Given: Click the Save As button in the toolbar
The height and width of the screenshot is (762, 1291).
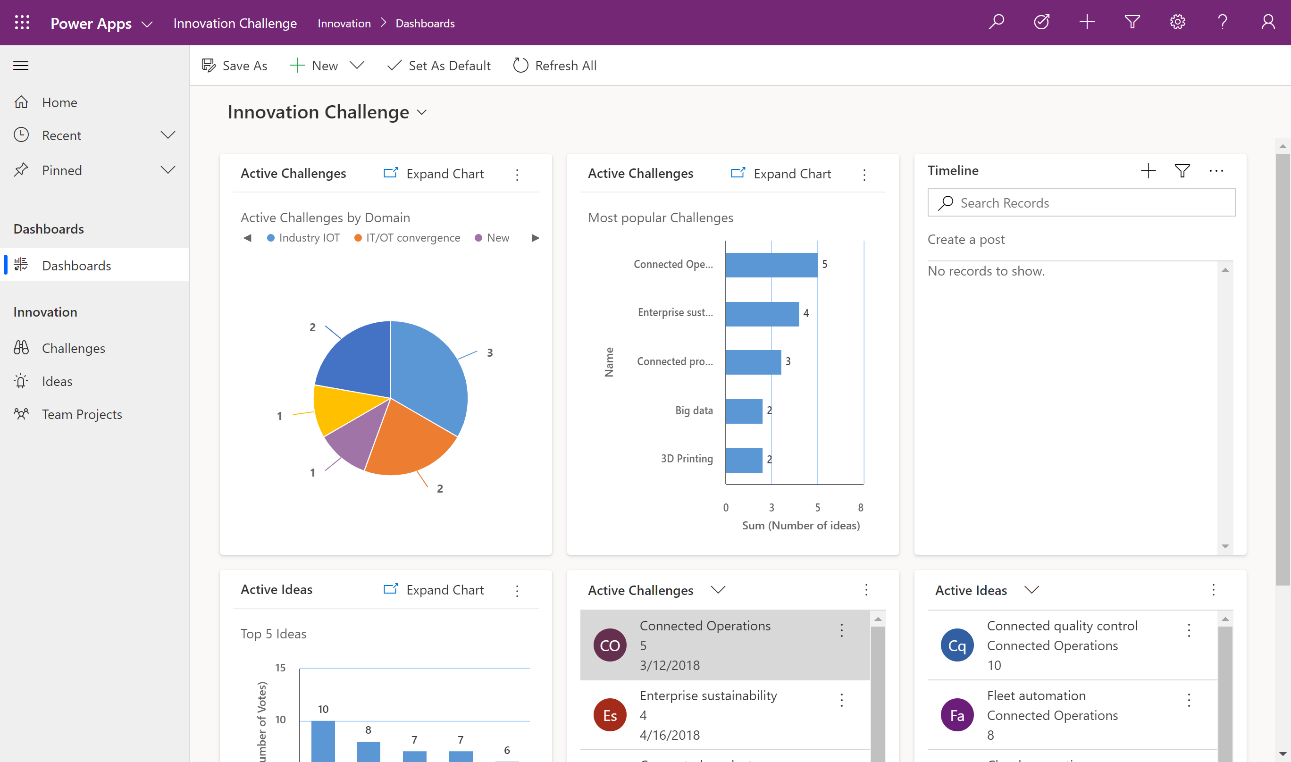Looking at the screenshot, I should (235, 66).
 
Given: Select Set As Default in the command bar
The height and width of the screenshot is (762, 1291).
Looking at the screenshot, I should (439, 66).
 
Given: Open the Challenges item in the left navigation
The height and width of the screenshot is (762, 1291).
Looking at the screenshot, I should (74, 348).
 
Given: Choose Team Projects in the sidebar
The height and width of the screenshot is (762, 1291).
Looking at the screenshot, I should (82, 414).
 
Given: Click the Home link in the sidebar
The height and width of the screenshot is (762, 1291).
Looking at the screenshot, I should (59, 102).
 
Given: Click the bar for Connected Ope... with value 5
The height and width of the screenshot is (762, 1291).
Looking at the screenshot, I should (771, 265).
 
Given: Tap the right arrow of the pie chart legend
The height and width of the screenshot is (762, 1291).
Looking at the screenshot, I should (535, 238).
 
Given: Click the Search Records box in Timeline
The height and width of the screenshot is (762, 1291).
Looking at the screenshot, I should (1081, 203).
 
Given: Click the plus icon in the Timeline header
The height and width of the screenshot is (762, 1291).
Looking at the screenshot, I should (1148, 171).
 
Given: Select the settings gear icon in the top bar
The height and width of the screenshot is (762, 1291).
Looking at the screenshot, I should (1177, 22).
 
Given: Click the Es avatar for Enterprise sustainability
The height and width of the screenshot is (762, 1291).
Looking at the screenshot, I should (610, 715).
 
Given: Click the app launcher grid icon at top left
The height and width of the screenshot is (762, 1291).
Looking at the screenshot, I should (22, 22).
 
